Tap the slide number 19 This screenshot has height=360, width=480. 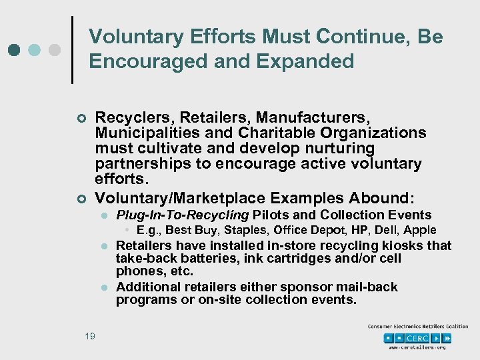pyautogui.click(x=89, y=336)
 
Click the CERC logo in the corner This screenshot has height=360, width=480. pyautogui.click(x=417, y=337)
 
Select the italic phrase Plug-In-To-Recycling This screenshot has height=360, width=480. pyautogui.click(x=182, y=215)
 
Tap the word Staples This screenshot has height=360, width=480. pyautogui.click(x=241, y=230)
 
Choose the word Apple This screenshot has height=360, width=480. pyautogui.click(x=420, y=230)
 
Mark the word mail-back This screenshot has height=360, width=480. pyautogui.click(x=367, y=287)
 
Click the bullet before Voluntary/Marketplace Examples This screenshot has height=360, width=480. pyautogui.click(x=81, y=199)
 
